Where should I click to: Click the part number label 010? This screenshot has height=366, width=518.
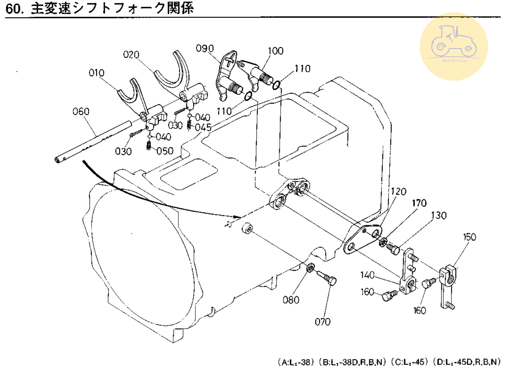[x=96, y=73]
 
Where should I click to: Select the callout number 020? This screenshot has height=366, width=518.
[x=131, y=55]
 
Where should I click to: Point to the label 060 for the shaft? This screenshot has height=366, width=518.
[x=81, y=112]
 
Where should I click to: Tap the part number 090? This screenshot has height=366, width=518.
[x=205, y=48]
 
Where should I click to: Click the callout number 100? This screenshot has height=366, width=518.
[x=275, y=51]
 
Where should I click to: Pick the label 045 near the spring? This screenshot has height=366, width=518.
[x=203, y=128]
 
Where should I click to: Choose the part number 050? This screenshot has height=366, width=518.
[x=165, y=151]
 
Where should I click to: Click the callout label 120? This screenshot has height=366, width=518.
[x=398, y=192]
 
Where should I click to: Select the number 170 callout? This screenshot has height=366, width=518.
[x=419, y=203]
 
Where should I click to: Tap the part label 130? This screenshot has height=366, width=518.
[x=439, y=215]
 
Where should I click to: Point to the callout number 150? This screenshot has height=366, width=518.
[x=469, y=237]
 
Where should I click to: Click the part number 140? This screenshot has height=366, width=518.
[x=367, y=275]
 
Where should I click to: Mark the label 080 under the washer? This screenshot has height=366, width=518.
[x=291, y=300]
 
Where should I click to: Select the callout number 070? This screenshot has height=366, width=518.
[x=323, y=322]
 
